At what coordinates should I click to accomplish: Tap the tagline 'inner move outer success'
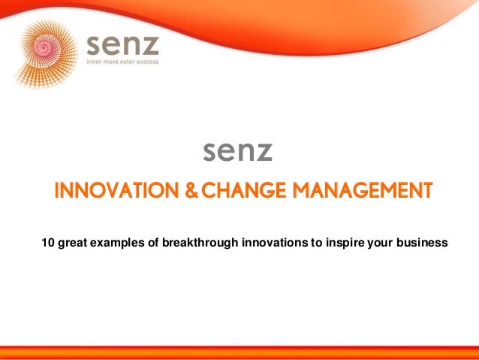tap(123, 62)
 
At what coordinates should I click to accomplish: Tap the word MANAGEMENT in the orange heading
tap(363, 189)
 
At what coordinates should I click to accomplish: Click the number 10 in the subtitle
tap(47, 242)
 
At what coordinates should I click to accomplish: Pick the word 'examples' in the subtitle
tap(112, 242)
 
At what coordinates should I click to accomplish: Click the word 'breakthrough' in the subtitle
tap(199, 242)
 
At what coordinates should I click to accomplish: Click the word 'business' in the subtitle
tap(422, 242)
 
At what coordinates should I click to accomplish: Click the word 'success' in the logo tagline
tap(147, 62)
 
